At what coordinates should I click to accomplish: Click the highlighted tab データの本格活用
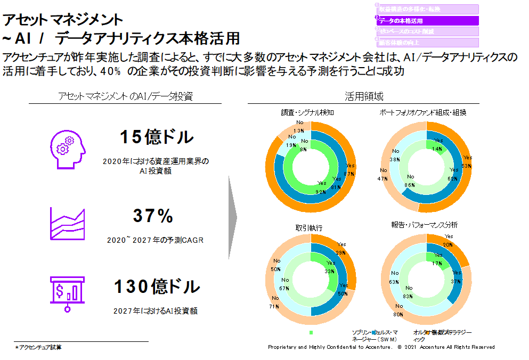tap(427, 21)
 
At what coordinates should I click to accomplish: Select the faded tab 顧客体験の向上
tap(427, 43)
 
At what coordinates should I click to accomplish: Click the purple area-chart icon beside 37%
tap(67, 222)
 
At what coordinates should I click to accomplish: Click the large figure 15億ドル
tap(156, 137)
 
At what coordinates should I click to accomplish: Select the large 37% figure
tap(153, 216)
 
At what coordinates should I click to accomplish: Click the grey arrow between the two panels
tap(232, 216)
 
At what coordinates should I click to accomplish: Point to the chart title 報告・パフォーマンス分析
tap(424, 225)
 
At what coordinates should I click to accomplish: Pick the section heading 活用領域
tap(364, 96)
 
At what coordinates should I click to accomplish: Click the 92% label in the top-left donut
tap(321, 192)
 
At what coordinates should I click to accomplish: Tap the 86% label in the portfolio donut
tap(411, 184)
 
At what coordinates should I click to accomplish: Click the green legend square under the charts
tap(310, 332)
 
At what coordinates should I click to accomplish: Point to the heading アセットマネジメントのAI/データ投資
tap(125, 96)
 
